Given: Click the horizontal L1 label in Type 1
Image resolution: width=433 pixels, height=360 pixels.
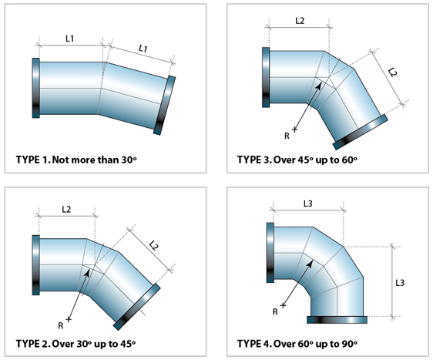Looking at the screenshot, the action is (x=70, y=39).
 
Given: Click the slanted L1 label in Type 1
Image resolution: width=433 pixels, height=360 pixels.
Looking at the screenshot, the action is (x=143, y=49).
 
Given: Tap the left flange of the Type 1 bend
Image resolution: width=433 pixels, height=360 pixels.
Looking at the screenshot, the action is (x=36, y=88).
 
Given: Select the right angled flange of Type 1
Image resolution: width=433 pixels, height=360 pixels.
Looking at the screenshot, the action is (x=164, y=106).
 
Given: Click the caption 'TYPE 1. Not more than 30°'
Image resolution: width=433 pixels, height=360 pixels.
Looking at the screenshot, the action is (x=76, y=160).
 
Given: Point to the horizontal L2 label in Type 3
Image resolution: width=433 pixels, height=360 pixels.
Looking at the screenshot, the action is (x=300, y=21).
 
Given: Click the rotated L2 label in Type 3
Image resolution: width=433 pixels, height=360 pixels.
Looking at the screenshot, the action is (x=392, y=72).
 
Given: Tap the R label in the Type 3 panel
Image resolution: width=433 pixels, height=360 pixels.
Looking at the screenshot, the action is (x=287, y=136).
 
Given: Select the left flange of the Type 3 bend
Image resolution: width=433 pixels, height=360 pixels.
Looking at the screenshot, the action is (x=266, y=77).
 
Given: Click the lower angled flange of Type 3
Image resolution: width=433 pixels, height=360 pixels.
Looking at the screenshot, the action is (x=360, y=133).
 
